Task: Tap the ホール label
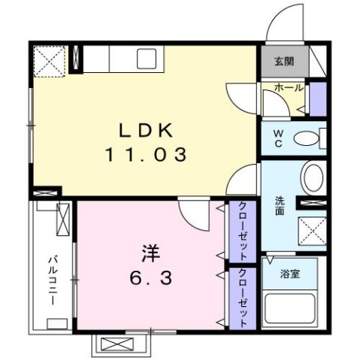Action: tap(289, 88)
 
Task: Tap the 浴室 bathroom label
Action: tap(290, 274)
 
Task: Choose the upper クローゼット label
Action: tap(244, 226)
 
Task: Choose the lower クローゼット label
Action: tap(244, 296)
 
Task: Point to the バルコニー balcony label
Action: tap(53, 278)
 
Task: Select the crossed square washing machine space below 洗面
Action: tap(312, 230)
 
